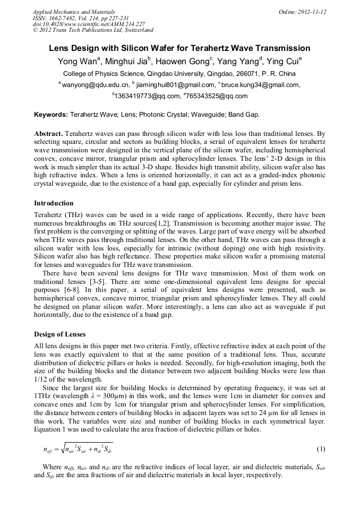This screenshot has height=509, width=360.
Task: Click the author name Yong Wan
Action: coord(76,62)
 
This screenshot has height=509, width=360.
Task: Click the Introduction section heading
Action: coord(54,203)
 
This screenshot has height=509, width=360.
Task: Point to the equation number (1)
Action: coord(321,449)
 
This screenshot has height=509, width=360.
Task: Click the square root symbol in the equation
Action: coord(63,449)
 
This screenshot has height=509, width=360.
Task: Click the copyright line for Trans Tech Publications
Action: coord(93,30)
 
